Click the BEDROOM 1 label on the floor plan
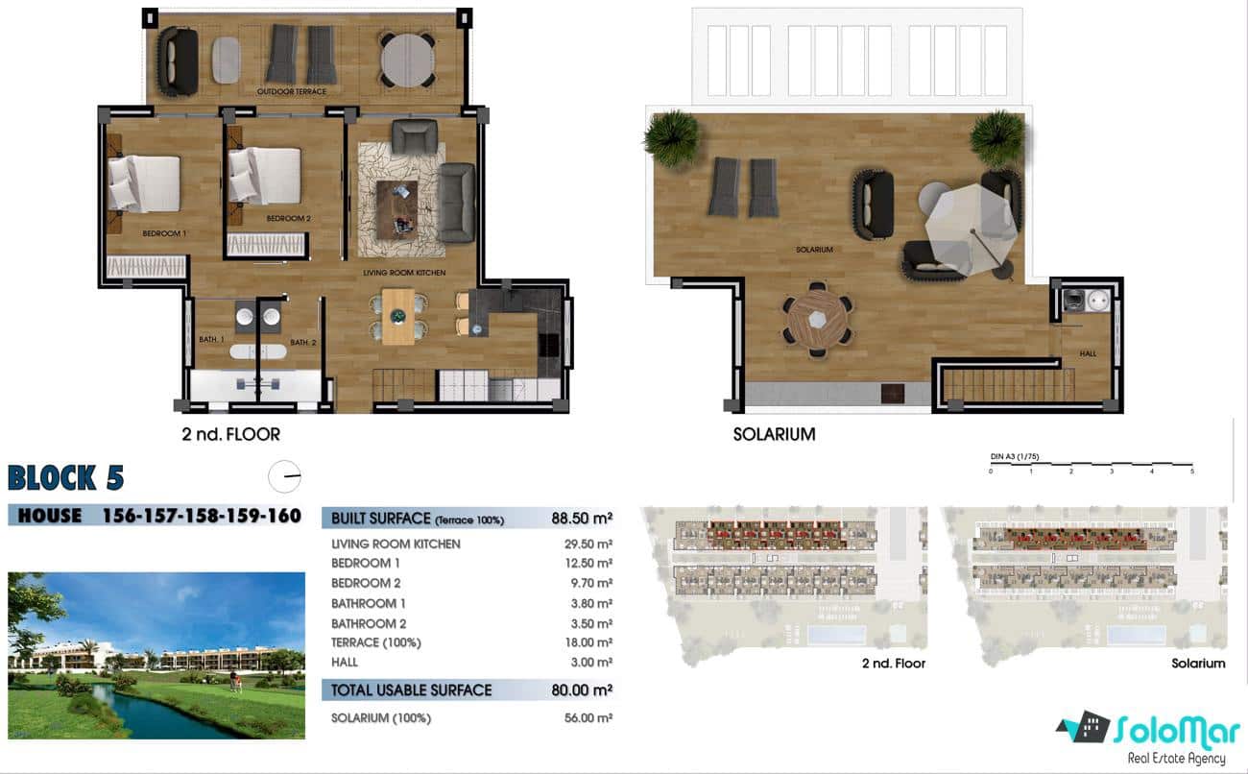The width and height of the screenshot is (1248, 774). click(x=164, y=233)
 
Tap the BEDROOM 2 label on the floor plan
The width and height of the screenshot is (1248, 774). click(x=288, y=218)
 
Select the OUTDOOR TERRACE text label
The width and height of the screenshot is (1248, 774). click(x=292, y=91)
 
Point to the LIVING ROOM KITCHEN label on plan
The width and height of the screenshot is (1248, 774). click(x=404, y=274)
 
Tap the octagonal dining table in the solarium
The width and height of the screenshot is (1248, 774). click(x=816, y=319)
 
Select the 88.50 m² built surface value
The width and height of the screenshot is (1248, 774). click(x=582, y=519)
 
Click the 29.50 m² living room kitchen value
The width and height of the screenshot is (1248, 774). click(x=590, y=544)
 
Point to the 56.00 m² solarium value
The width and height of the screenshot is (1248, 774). click(x=590, y=717)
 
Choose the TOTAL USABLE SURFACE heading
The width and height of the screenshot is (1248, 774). click(x=411, y=689)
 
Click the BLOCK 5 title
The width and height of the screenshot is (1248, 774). click(x=65, y=477)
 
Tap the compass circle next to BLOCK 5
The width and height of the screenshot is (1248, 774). click(x=285, y=476)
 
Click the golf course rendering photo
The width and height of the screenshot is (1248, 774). click(x=156, y=656)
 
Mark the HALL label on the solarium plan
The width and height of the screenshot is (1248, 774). click(x=1088, y=353)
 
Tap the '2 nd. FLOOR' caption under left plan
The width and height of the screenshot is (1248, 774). click(x=231, y=434)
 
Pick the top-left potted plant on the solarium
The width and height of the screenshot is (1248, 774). click(x=671, y=137)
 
